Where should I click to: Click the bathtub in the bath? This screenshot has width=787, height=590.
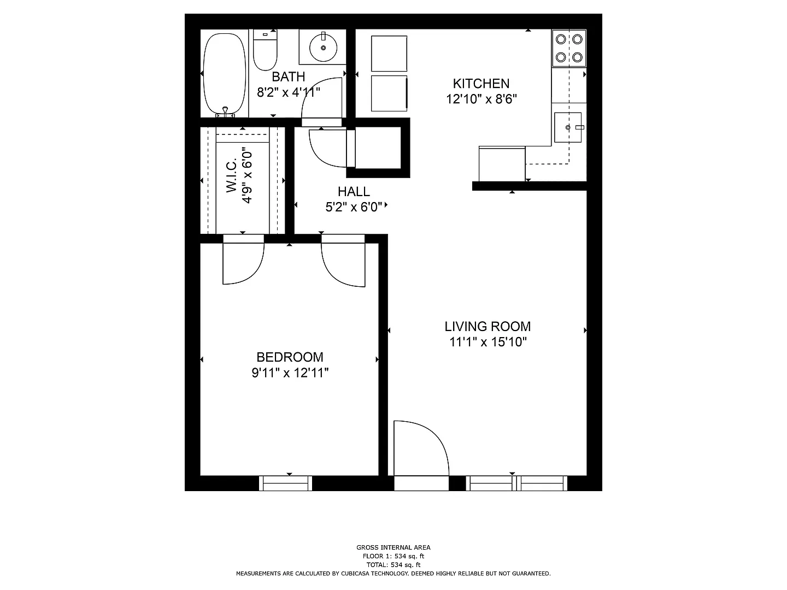tap(225, 74)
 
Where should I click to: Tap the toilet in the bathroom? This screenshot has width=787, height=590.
tap(265, 50)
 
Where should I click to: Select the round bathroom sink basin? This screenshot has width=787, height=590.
tap(323, 48)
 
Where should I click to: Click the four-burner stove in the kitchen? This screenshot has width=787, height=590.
tap(569, 48)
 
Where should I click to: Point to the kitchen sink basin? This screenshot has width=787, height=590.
tap(568, 127)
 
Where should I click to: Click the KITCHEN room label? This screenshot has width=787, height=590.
tap(481, 84)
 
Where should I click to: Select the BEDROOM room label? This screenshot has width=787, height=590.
tap(290, 357)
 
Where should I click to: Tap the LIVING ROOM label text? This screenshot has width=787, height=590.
tap(488, 326)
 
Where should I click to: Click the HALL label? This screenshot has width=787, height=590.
tap(354, 192)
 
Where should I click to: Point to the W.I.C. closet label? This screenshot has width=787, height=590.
tap(232, 175)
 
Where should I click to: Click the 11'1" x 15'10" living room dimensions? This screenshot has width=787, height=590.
tap(488, 342)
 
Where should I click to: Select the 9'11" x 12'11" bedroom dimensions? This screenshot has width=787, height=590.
tap(290, 373)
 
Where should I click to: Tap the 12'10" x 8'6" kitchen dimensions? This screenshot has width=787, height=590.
tap(481, 99)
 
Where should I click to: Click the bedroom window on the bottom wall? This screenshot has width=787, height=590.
tap(285, 483)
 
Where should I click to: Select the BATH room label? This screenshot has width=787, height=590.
tap(288, 76)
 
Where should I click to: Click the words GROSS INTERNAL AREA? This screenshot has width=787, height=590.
tap(393, 547)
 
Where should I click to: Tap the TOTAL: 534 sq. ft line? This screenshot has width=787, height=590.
tap(393, 565)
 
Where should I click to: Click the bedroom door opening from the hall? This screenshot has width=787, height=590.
tap(343, 261)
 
